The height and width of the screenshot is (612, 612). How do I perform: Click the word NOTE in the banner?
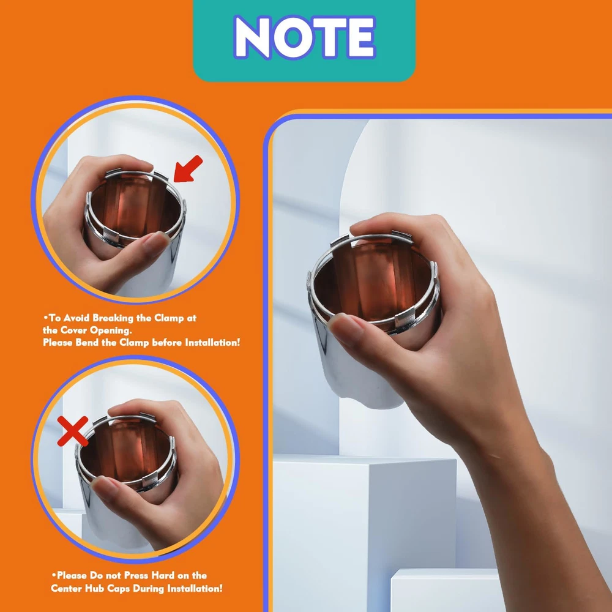tap(304, 37)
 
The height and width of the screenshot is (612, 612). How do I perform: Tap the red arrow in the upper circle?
tap(188, 169)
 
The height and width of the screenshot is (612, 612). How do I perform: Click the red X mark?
tap(73, 431)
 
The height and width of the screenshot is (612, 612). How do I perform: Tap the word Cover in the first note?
tap(73, 330)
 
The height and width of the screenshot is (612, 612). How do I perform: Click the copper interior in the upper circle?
tap(135, 207)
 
